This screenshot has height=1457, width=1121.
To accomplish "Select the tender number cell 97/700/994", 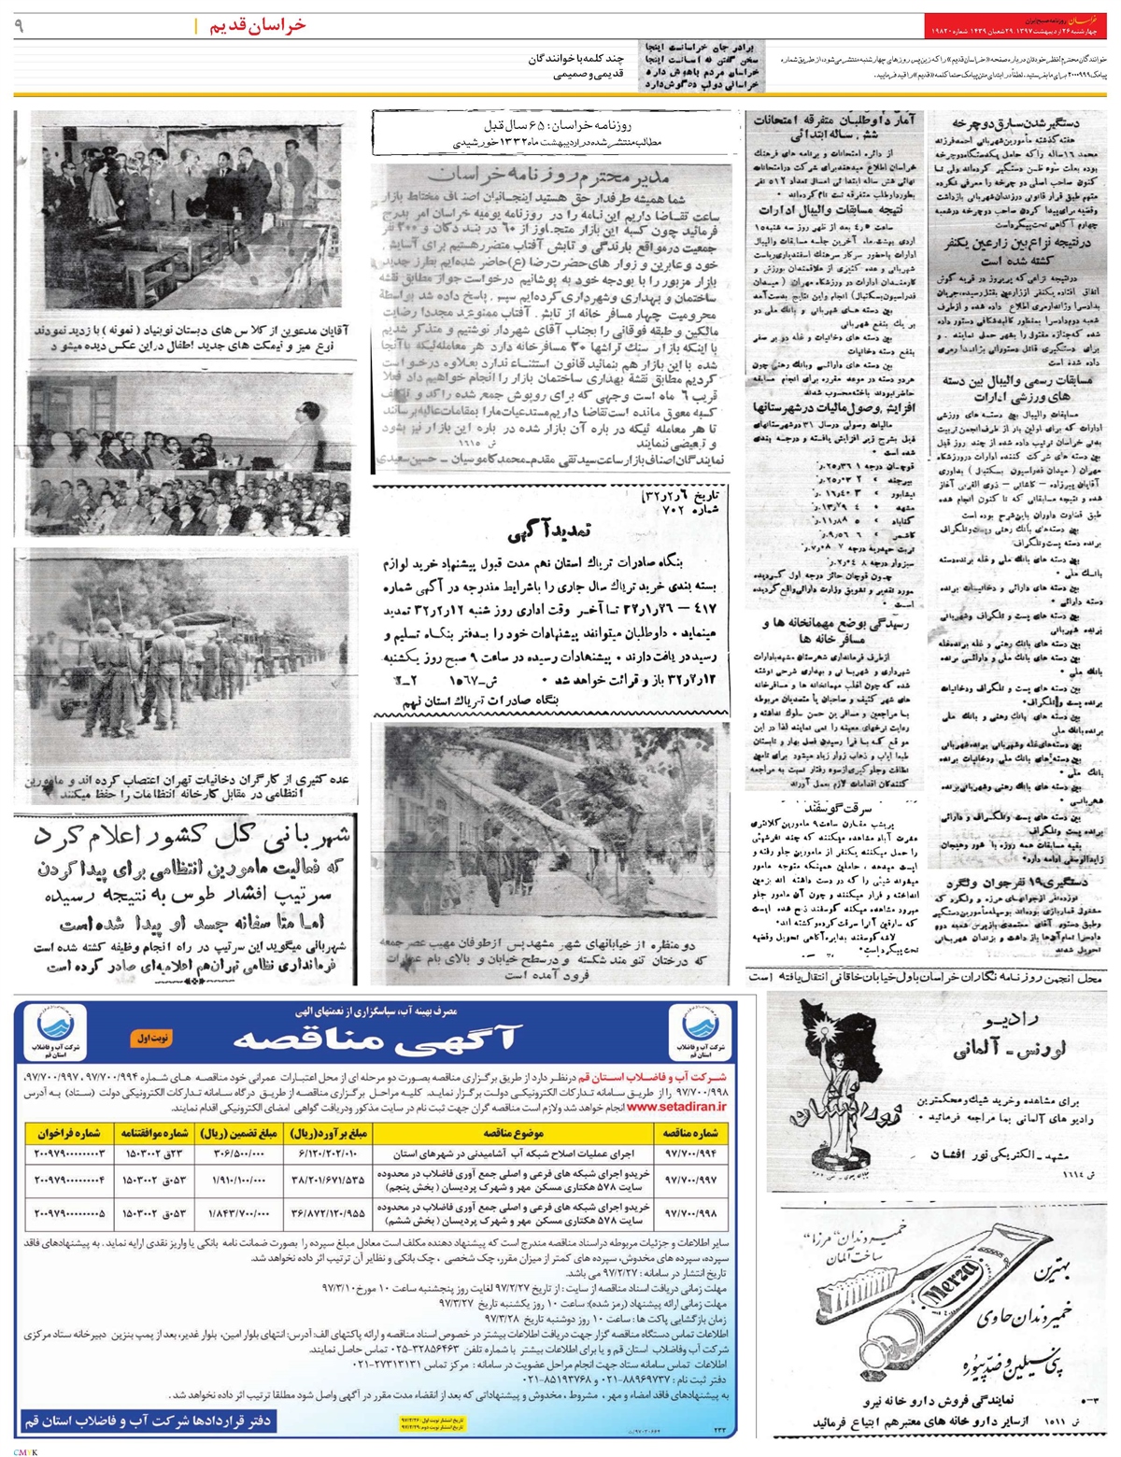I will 690,1153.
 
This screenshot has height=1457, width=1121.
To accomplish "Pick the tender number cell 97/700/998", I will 690,1213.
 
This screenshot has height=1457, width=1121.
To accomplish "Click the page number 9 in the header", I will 19,26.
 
